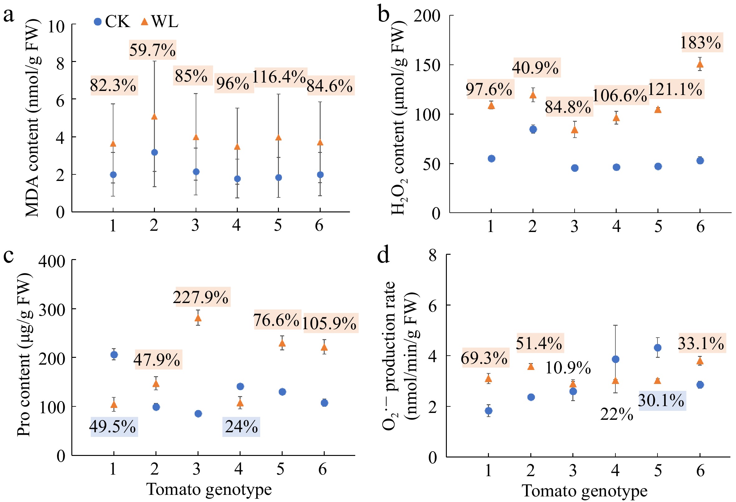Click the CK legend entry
(x=112, y=21)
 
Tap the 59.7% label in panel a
(x=152, y=50)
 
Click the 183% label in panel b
(x=700, y=42)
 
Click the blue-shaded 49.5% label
(x=113, y=426)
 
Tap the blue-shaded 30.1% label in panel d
(x=661, y=400)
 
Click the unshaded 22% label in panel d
(x=616, y=414)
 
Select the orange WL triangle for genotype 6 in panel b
(x=700, y=64)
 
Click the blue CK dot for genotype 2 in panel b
(x=533, y=129)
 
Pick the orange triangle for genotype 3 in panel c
(x=198, y=318)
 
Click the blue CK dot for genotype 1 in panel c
(x=114, y=354)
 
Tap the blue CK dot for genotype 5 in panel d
(x=657, y=348)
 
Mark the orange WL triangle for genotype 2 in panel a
(x=154, y=117)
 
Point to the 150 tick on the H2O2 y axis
(x=427, y=65)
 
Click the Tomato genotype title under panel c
(x=209, y=489)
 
